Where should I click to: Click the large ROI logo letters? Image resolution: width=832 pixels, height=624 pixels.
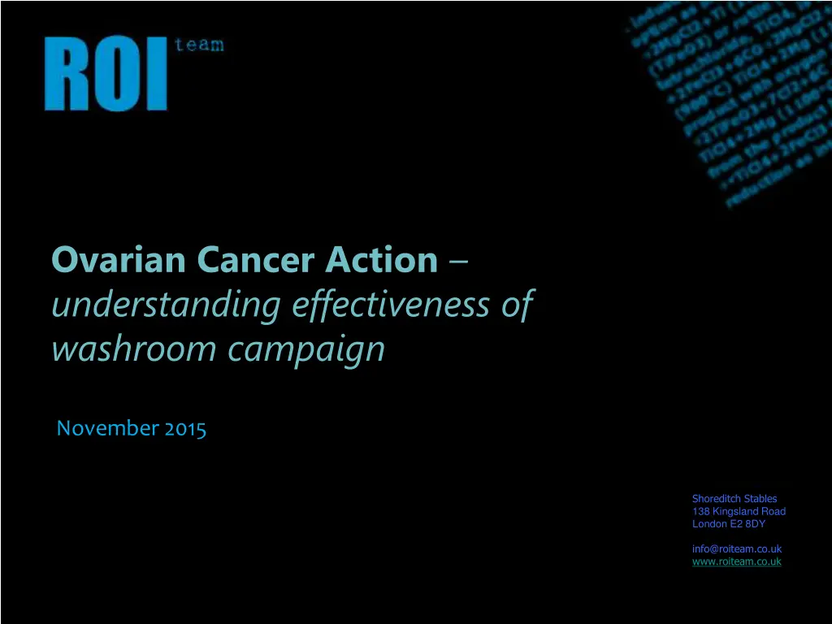coord(106,74)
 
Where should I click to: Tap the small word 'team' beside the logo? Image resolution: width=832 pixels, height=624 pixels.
coord(198,45)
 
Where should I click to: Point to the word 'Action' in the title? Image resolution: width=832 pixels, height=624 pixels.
coord(382,261)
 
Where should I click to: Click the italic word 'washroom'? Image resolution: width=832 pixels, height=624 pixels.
coord(134,349)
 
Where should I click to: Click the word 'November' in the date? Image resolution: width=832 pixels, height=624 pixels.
coord(107,428)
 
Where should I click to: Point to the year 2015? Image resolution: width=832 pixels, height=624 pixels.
coord(185,428)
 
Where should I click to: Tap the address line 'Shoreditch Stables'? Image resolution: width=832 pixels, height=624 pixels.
coord(734,499)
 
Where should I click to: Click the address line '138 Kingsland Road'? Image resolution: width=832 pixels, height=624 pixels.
coord(739,512)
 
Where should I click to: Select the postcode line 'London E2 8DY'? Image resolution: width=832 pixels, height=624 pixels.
coord(729,524)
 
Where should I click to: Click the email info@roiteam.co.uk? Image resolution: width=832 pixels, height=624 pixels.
coord(736,549)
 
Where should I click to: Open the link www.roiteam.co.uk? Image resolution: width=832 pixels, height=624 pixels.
coord(736,561)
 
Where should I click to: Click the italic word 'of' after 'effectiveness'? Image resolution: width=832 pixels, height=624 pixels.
coord(517,305)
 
